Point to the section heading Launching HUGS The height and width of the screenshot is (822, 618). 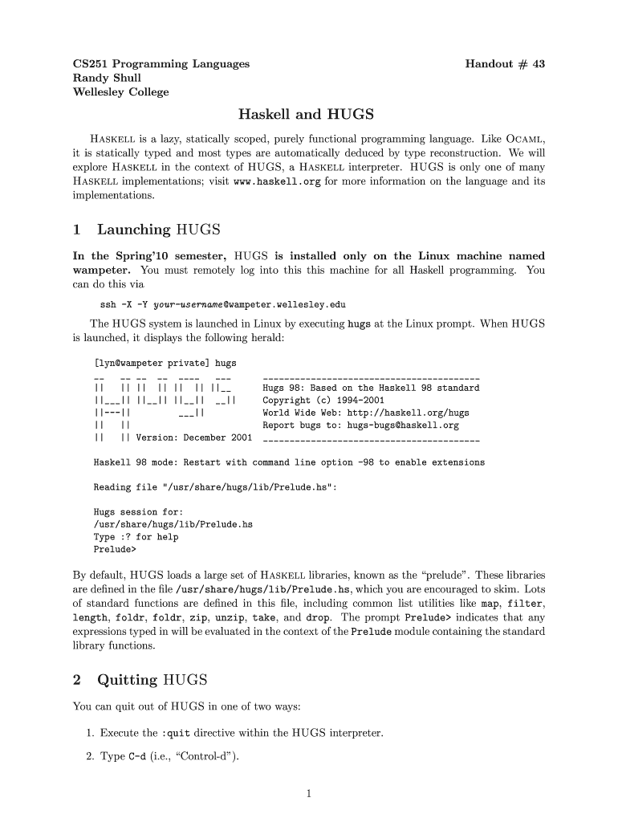coord(158,230)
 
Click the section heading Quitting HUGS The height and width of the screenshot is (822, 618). coord(152,681)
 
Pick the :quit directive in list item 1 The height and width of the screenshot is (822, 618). coord(178,733)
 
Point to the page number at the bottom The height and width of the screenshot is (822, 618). coord(308,795)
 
